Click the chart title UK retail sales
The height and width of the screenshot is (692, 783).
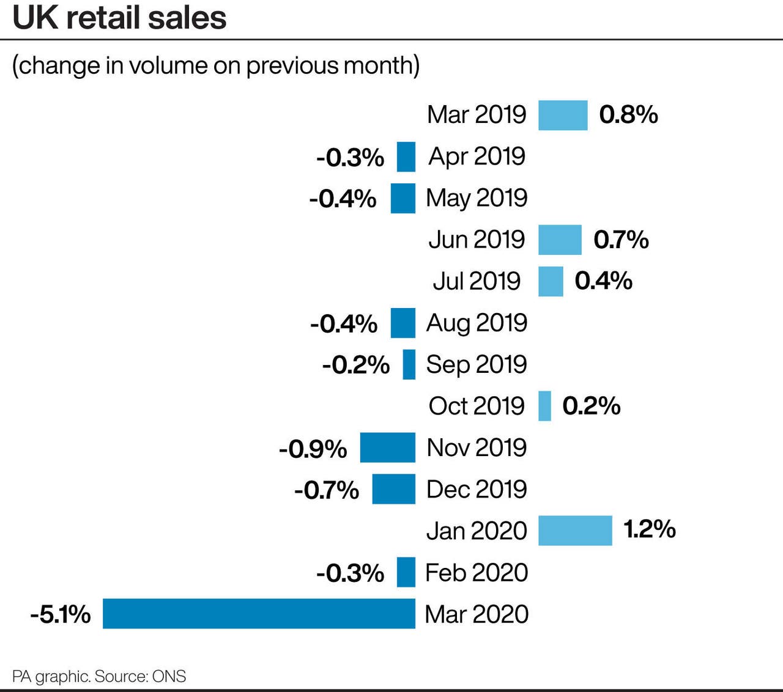pyautogui.click(x=120, y=18)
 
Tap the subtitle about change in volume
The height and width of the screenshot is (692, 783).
pyautogui.click(x=216, y=65)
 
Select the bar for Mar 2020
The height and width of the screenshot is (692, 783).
pyautogui.click(x=259, y=613)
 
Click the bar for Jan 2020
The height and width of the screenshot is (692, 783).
pyautogui.click(x=575, y=530)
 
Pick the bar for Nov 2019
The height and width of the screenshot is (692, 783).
pyautogui.click(x=387, y=447)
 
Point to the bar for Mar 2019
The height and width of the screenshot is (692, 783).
pyautogui.click(x=563, y=115)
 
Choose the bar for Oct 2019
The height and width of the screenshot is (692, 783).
pyautogui.click(x=544, y=406)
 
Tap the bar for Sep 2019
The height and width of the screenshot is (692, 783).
pyautogui.click(x=409, y=364)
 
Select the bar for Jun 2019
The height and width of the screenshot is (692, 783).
pyautogui.click(x=560, y=240)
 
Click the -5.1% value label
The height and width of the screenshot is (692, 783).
pyautogui.click(x=61, y=614)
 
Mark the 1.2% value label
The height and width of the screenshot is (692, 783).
pyautogui.click(x=650, y=529)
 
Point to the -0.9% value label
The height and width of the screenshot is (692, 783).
pyautogui.click(x=313, y=449)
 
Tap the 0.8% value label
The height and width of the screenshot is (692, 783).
pyautogui.click(x=628, y=115)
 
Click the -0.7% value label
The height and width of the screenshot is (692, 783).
pyautogui.click(x=327, y=490)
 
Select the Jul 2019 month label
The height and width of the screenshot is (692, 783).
pyautogui.click(x=477, y=281)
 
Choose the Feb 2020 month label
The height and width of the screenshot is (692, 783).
pyautogui.click(x=477, y=573)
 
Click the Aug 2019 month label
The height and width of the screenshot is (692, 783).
pyautogui.click(x=477, y=323)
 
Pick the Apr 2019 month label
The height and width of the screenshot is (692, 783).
pyautogui.click(x=477, y=156)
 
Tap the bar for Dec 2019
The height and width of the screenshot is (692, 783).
pyautogui.click(x=393, y=489)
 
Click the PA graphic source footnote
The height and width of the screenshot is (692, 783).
pyautogui.click(x=99, y=677)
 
